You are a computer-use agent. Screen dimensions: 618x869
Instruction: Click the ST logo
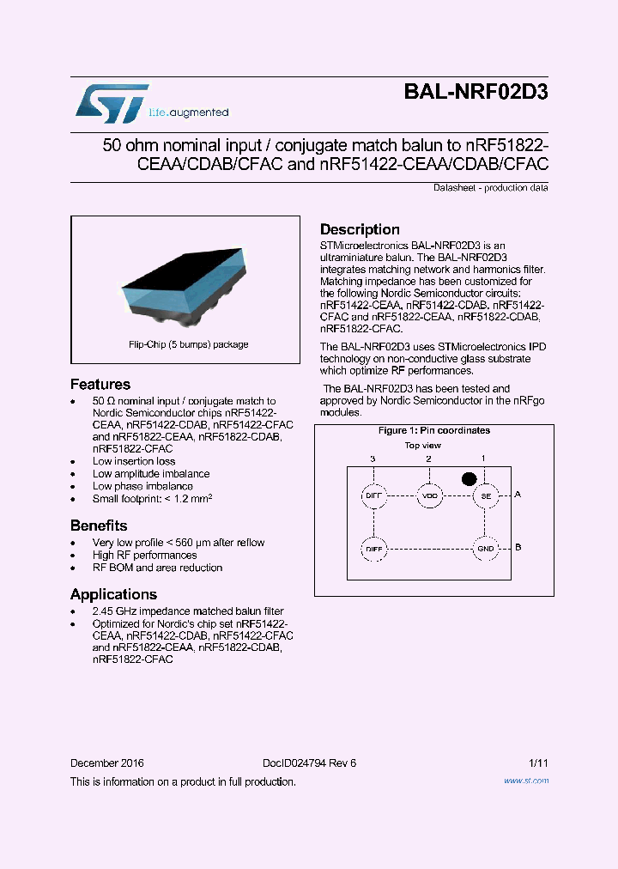(x=112, y=103)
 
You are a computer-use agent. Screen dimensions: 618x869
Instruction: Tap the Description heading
(x=360, y=229)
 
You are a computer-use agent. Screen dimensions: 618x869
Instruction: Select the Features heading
(x=100, y=385)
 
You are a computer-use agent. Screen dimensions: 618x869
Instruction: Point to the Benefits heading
(x=99, y=526)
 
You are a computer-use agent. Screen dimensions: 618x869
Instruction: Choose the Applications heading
(x=113, y=594)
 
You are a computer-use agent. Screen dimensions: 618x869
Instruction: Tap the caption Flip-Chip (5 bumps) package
(x=188, y=344)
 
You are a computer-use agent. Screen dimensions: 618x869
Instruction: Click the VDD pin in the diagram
(x=429, y=495)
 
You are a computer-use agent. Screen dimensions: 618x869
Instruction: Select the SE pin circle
(x=485, y=495)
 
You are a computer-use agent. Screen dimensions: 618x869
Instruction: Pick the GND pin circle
(x=485, y=548)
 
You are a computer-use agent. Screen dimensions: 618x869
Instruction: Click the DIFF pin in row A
(x=373, y=495)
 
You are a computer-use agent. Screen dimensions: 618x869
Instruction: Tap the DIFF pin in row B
(x=373, y=548)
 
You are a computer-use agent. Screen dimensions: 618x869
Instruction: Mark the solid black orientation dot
(x=469, y=477)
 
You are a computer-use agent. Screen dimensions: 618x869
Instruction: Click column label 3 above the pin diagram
(x=373, y=459)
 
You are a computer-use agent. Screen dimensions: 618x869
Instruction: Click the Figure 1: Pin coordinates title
(x=434, y=430)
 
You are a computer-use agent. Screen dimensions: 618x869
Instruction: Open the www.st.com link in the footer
(x=525, y=781)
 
